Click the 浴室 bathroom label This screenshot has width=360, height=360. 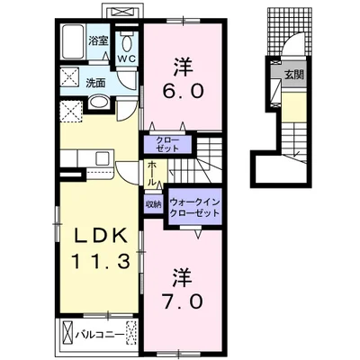(x=98, y=40)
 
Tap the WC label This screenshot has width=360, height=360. (x=129, y=58)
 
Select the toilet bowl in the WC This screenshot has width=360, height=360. (x=128, y=43)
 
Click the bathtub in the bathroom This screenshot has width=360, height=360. (x=74, y=42)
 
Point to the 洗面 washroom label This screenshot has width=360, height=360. (x=95, y=83)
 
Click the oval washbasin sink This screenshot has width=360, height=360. (x=100, y=103)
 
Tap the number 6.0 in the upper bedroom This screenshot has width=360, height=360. (x=183, y=91)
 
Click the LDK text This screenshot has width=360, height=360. (x=100, y=236)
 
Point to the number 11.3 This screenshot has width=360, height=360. (x=100, y=260)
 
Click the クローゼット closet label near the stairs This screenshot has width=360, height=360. (x=167, y=145)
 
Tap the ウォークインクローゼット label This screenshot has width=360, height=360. (x=194, y=208)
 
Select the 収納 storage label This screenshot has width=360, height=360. (x=153, y=204)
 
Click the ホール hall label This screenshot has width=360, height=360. (x=152, y=174)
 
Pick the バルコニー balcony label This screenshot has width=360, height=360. (x=99, y=335)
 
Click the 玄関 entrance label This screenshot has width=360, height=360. (x=294, y=75)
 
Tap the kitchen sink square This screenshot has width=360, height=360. (x=103, y=157)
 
